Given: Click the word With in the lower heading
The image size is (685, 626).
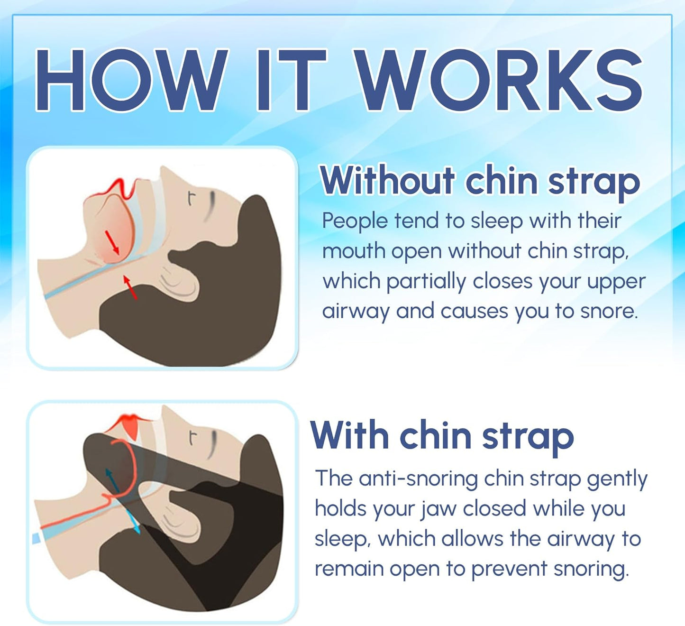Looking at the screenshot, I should [x=350, y=435].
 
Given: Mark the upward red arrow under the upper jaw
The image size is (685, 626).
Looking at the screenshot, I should [x=130, y=287].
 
